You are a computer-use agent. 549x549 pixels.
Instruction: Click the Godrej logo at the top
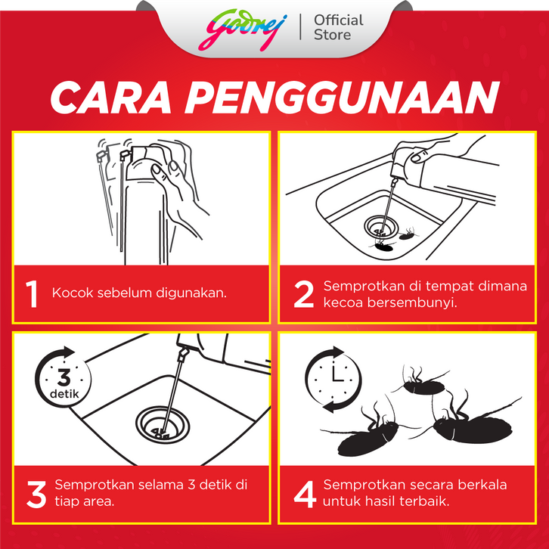[x=242, y=29]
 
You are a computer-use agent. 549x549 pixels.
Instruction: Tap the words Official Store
[x=338, y=27]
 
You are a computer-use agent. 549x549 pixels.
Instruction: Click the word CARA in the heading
[x=111, y=98]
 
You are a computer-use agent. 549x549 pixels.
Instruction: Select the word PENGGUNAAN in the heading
[x=342, y=98]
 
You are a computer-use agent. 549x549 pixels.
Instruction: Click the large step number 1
[x=32, y=294]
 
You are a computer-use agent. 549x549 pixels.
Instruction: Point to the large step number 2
[x=303, y=294]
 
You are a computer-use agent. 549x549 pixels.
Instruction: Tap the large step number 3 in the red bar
[x=36, y=495]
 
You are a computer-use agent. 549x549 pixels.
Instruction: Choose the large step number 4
[x=305, y=495]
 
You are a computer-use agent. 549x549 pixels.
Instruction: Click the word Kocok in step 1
[x=73, y=293]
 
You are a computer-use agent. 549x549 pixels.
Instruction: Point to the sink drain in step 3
[x=163, y=424]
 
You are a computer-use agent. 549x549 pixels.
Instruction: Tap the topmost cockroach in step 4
[x=421, y=383]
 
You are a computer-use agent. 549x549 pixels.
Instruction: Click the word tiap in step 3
[x=67, y=501]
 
